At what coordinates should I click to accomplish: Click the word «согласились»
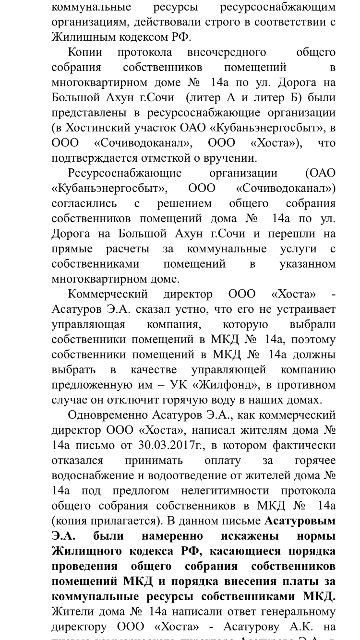[84, 203]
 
